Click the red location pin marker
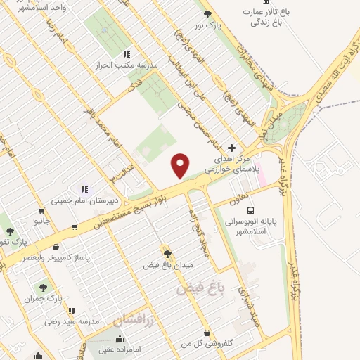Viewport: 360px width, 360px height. coord(181,166)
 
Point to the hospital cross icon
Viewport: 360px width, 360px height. coord(231,148)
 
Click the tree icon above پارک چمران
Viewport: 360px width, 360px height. coord(43,288)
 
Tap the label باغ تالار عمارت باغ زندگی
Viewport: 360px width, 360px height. coord(262,18)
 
